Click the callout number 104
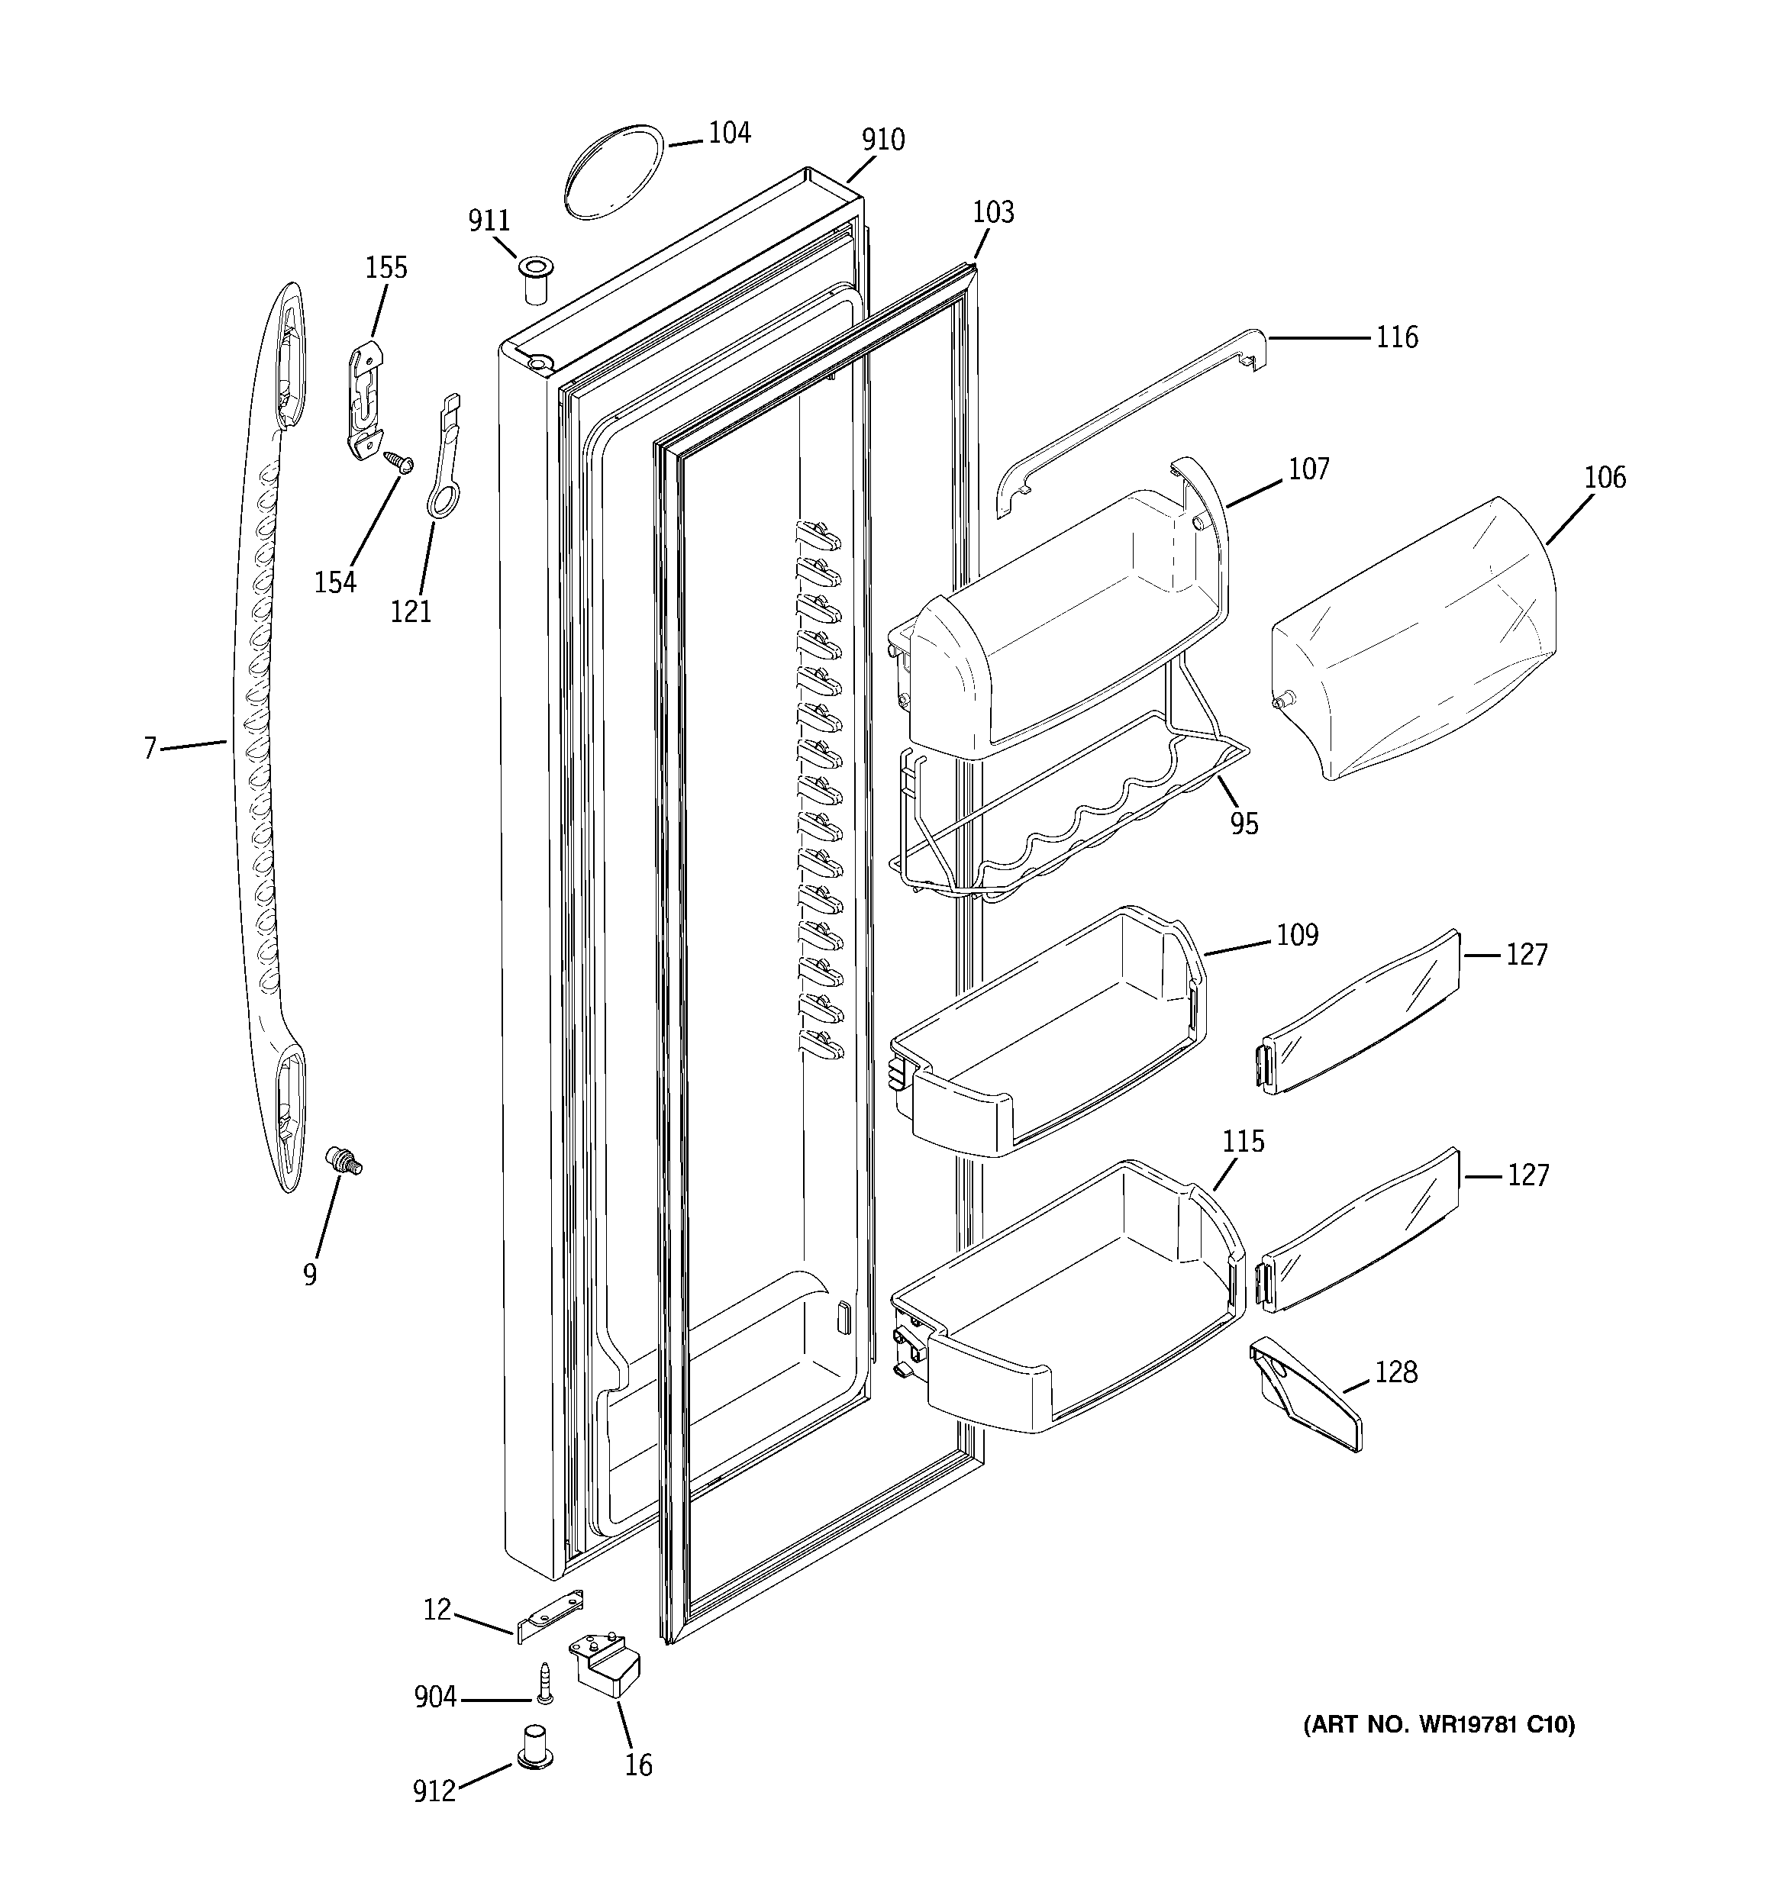[x=729, y=133]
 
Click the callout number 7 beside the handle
[x=150, y=749]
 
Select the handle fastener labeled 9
[x=344, y=1161]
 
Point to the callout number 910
[x=882, y=140]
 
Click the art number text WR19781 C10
[x=1439, y=1725]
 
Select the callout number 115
[x=1244, y=1141]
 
